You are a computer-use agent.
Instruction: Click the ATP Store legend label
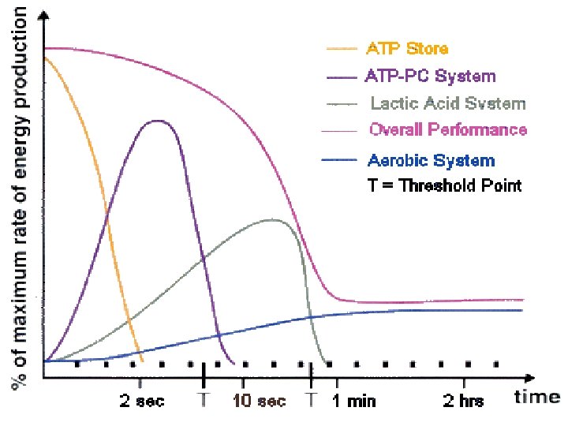pyautogui.click(x=407, y=48)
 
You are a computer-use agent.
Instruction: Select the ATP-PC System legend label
pyautogui.click(x=430, y=76)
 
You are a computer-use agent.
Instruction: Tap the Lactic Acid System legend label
pyautogui.click(x=448, y=103)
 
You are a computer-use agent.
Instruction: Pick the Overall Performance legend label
pyautogui.click(x=448, y=129)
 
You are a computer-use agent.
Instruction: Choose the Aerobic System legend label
pyautogui.click(x=431, y=160)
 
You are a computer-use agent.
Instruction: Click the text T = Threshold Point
pyautogui.click(x=444, y=185)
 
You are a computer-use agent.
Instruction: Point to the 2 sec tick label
pyautogui.click(x=142, y=401)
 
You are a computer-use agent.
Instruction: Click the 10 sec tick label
pyautogui.click(x=259, y=401)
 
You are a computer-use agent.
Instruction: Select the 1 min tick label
pyautogui.click(x=354, y=401)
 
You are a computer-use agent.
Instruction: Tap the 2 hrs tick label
pyautogui.click(x=463, y=401)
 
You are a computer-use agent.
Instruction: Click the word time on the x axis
pyautogui.click(x=537, y=397)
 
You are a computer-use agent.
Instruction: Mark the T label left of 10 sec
pyautogui.click(x=204, y=399)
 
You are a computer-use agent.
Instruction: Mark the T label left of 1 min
pyautogui.click(x=311, y=399)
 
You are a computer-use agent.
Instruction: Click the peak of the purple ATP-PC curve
pyautogui.click(x=158, y=121)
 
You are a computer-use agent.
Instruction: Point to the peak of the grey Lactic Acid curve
pyautogui.click(x=271, y=219)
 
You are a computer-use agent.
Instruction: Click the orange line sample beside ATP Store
pyautogui.click(x=342, y=49)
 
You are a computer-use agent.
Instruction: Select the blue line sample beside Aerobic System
pyautogui.click(x=339, y=159)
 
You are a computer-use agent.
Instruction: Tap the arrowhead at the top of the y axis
pyautogui.click(x=44, y=15)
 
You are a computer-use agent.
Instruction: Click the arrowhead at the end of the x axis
pyautogui.click(x=530, y=378)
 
